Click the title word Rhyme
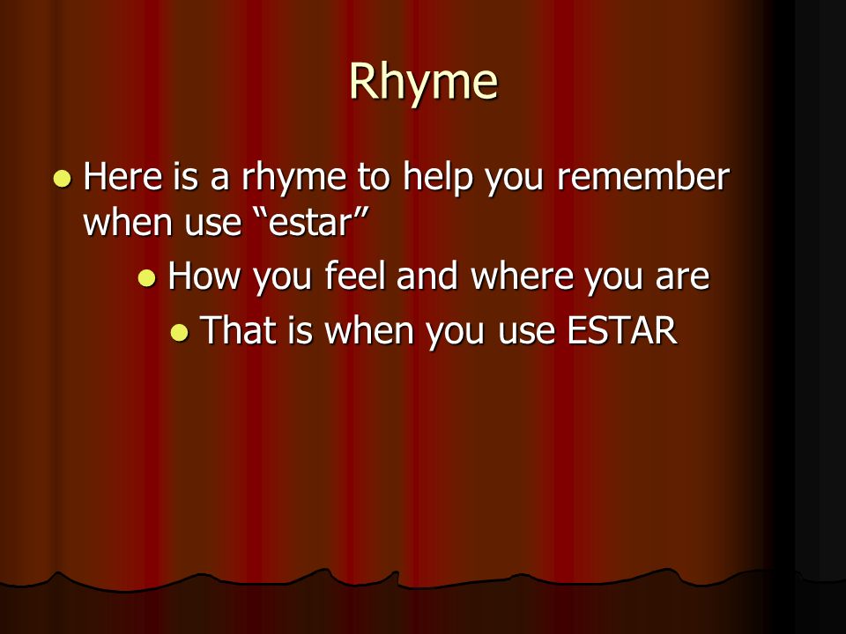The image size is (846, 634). coord(423,82)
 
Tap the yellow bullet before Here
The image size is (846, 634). coord(62,179)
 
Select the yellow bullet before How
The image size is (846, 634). coord(147,278)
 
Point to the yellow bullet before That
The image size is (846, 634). coord(180,333)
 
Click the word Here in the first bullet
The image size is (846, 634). coord(123,176)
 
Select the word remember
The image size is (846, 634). coord(643,176)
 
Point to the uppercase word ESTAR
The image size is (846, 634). coord(622,330)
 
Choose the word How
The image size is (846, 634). coord(204,276)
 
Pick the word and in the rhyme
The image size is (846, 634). coord(427,276)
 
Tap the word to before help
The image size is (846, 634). coord(373,178)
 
